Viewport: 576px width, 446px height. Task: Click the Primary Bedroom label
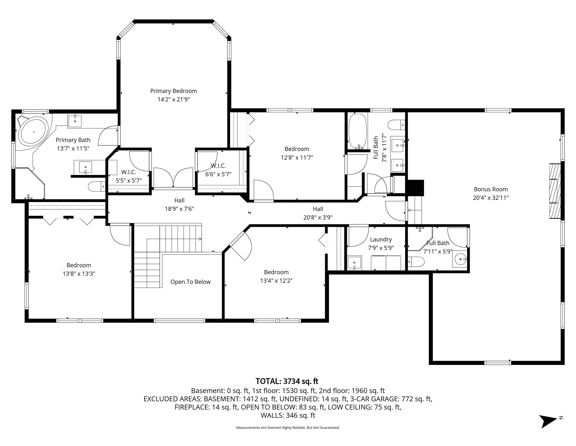pos(173,91)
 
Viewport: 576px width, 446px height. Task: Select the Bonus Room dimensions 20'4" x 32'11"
pos(491,198)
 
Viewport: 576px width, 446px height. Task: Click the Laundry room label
pos(381,239)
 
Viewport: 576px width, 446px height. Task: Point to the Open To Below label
pos(190,282)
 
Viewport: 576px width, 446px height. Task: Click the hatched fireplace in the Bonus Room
pos(555,191)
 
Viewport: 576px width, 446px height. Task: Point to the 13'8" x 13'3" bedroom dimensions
pos(79,274)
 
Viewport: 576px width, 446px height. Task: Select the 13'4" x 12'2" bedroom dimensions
pos(276,281)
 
